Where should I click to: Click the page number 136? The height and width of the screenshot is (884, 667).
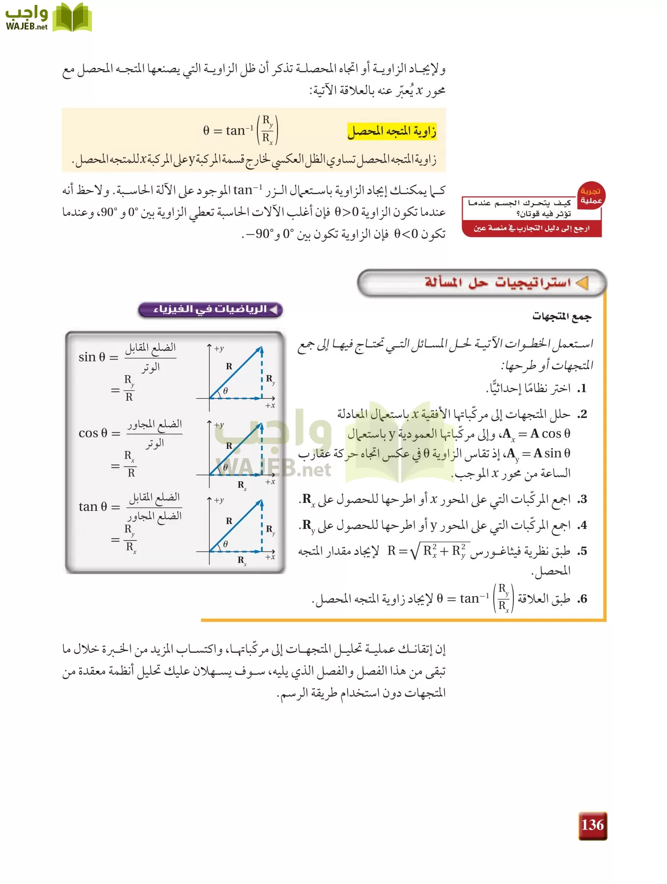(592, 825)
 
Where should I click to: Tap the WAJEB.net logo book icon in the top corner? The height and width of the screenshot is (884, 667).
(72, 18)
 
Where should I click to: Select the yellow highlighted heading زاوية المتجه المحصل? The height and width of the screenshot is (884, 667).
(392, 132)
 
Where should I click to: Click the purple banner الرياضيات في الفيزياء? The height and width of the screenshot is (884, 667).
(210, 309)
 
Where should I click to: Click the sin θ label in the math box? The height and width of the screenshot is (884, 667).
(92, 357)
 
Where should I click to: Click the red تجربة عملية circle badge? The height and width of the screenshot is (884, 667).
(590, 196)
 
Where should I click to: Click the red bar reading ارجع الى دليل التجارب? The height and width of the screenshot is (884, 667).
(531, 228)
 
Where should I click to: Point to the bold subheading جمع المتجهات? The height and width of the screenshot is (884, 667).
(562, 316)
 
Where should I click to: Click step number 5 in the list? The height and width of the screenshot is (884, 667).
(582, 551)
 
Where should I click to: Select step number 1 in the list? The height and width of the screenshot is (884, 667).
(582, 388)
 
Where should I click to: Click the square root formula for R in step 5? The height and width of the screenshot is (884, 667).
(428, 551)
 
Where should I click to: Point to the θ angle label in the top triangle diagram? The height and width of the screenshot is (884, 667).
(225, 391)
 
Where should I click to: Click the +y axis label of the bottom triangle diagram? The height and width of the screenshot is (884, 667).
(219, 500)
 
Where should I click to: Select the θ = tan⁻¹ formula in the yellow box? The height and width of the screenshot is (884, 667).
(241, 130)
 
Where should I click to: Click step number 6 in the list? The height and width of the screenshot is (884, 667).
(582, 599)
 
